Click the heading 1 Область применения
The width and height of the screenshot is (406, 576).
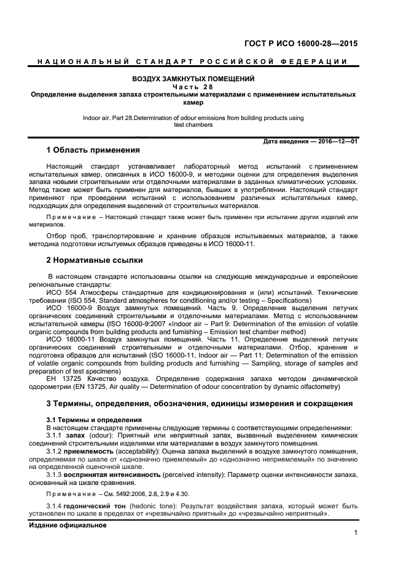[x=93, y=150]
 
